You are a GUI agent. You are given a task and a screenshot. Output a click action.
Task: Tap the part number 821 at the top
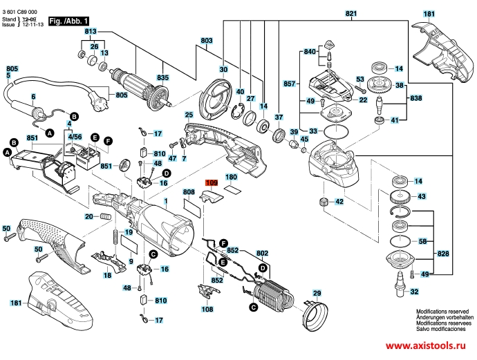(x=352, y=14)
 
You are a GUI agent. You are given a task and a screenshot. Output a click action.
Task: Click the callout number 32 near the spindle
(x=414, y=292)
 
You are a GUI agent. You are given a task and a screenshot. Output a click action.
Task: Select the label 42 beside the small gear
(x=339, y=202)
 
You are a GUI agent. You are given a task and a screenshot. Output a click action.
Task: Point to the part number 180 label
(x=231, y=158)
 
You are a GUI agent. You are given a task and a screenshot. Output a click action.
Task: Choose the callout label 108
(x=207, y=310)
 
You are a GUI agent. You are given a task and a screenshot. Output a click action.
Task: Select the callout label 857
(x=290, y=84)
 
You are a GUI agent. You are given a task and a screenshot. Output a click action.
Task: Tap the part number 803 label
(x=205, y=41)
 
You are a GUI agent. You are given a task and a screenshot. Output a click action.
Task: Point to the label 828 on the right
(x=443, y=254)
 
